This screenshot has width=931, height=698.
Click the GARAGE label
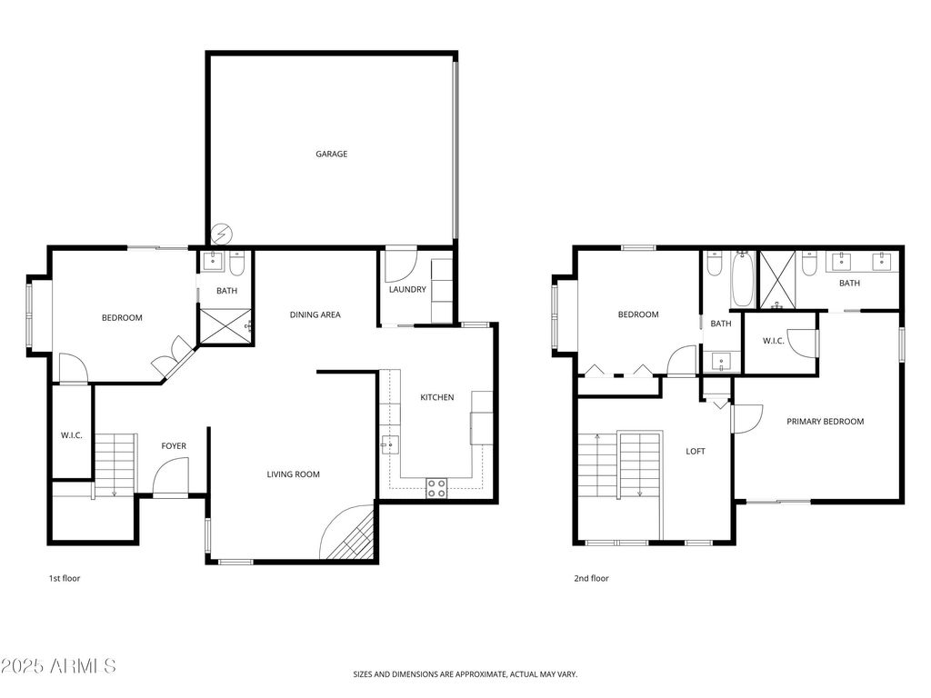pyautogui.click(x=331, y=155)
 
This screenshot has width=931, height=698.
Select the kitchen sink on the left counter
pyautogui.click(x=389, y=445)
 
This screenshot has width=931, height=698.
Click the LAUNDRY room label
pyautogui.click(x=406, y=290)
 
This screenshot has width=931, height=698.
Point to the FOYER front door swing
pyautogui.click(x=170, y=477)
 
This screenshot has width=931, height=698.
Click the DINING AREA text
pyautogui.click(x=315, y=315)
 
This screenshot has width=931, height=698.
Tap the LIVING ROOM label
pyautogui.click(x=293, y=474)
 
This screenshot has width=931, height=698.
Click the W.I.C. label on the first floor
pyautogui.click(x=72, y=435)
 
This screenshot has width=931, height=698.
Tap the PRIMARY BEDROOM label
pyautogui.click(x=825, y=422)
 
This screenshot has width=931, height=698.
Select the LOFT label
pyautogui.click(x=695, y=452)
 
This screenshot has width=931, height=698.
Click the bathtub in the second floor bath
pyautogui.click(x=741, y=280)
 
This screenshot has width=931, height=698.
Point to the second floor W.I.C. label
pyautogui.click(x=773, y=341)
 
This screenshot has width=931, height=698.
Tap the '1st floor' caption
pyautogui.click(x=65, y=578)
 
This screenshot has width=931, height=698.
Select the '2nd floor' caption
pyautogui.click(x=591, y=578)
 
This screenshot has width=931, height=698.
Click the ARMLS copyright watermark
pyautogui.click(x=59, y=666)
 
